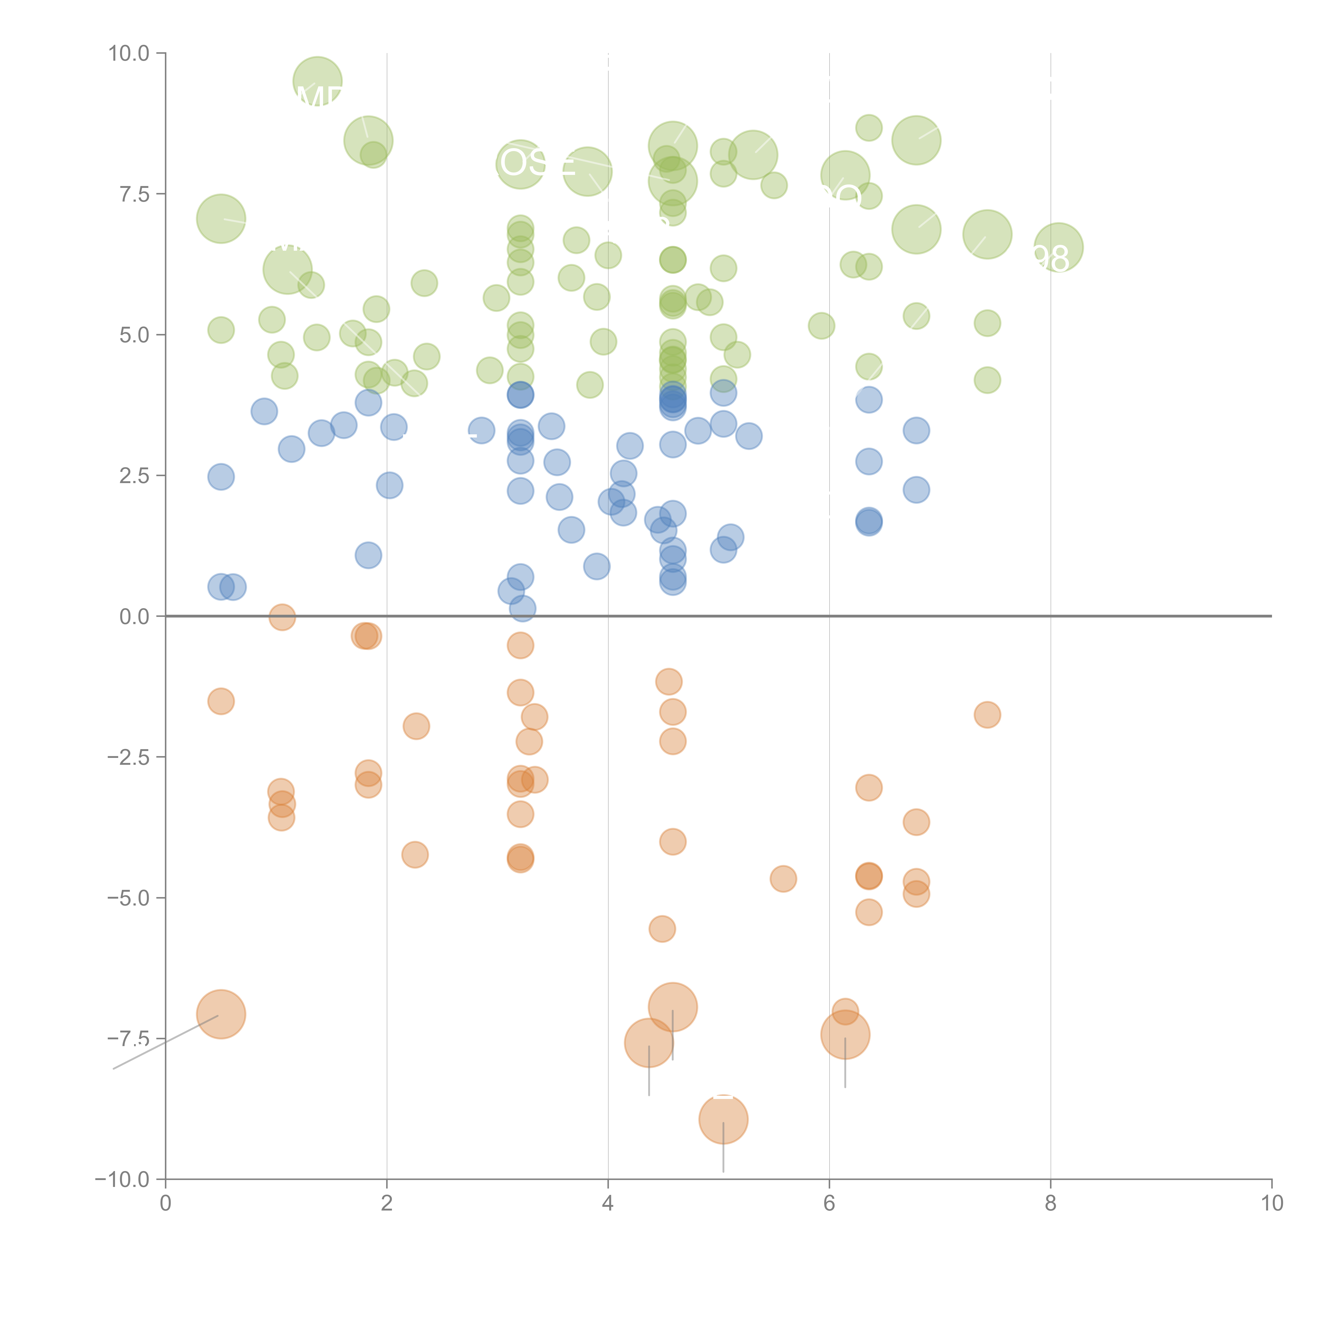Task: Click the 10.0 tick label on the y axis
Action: [x=129, y=54]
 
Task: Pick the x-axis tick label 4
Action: [x=608, y=1204]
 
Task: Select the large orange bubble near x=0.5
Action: [x=221, y=1014]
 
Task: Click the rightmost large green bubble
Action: [x=1058, y=248]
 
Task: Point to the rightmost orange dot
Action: [x=987, y=715]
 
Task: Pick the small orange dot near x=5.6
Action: [x=783, y=878]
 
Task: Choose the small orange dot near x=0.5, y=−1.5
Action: [x=221, y=701]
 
